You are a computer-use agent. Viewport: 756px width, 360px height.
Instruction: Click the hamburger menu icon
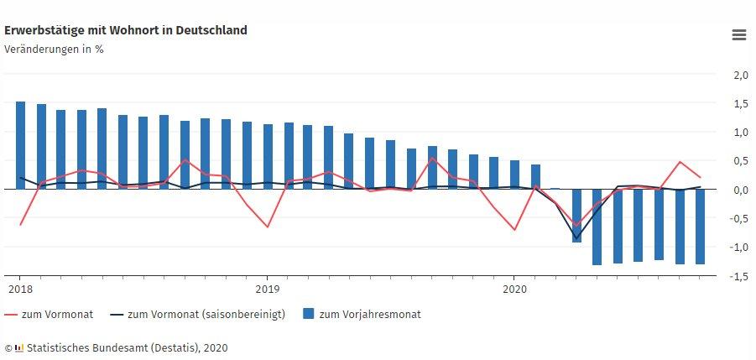tap(738, 34)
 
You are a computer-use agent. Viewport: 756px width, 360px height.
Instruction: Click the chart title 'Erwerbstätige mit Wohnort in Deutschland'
tap(126, 30)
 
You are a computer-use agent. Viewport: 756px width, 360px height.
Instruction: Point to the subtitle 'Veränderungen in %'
tap(54, 49)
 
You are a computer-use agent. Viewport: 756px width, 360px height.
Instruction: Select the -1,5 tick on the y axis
tap(738, 277)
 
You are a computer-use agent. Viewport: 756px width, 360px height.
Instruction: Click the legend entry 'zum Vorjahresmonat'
tap(370, 315)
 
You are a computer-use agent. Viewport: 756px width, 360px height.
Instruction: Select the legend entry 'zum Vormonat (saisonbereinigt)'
tap(206, 315)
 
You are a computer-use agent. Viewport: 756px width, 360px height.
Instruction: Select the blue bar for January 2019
tap(268, 157)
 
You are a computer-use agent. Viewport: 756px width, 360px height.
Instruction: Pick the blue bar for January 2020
tap(514, 175)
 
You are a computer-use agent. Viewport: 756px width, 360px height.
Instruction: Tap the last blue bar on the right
tap(700, 227)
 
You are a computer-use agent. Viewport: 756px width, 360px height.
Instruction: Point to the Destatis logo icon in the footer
tap(19, 347)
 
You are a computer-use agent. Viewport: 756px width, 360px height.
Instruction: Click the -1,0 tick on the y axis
tap(738, 248)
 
